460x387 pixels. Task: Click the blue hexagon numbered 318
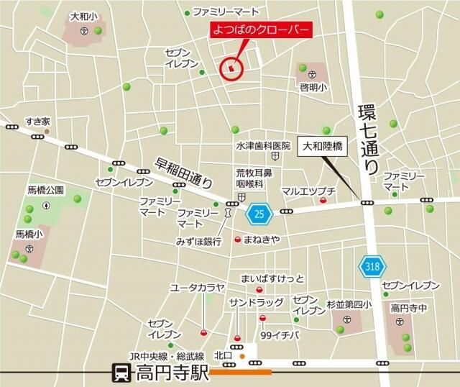370,267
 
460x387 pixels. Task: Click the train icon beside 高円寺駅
121,373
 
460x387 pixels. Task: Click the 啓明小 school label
313,88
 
